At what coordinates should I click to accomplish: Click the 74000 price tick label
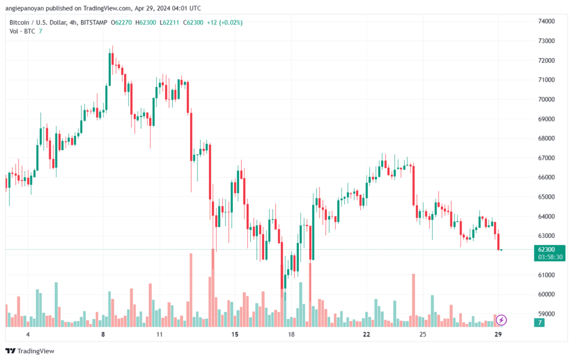point(546,21)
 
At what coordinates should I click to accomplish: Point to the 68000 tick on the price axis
point(546,138)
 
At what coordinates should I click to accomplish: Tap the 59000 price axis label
point(546,314)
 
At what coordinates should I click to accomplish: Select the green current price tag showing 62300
point(549,253)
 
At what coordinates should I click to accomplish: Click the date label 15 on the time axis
point(234,334)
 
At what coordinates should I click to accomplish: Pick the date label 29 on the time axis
point(497,334)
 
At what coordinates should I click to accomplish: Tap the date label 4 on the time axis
point(28,334)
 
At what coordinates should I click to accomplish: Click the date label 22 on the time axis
point(366,334)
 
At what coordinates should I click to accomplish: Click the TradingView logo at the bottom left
point(30,351)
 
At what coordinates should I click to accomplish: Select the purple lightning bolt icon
point(501,320)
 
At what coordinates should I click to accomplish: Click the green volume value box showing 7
point(539,322)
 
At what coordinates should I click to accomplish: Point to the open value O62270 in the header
point(121,22)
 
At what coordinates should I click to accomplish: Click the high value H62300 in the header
point(146,22)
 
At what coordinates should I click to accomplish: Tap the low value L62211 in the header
point(169,22)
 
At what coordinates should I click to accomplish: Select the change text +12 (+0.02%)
point(225,22)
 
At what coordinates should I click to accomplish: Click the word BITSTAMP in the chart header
point(94,22)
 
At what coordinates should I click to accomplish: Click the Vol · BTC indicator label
point(22,31)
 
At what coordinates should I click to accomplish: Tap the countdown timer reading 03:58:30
point(550,257)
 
